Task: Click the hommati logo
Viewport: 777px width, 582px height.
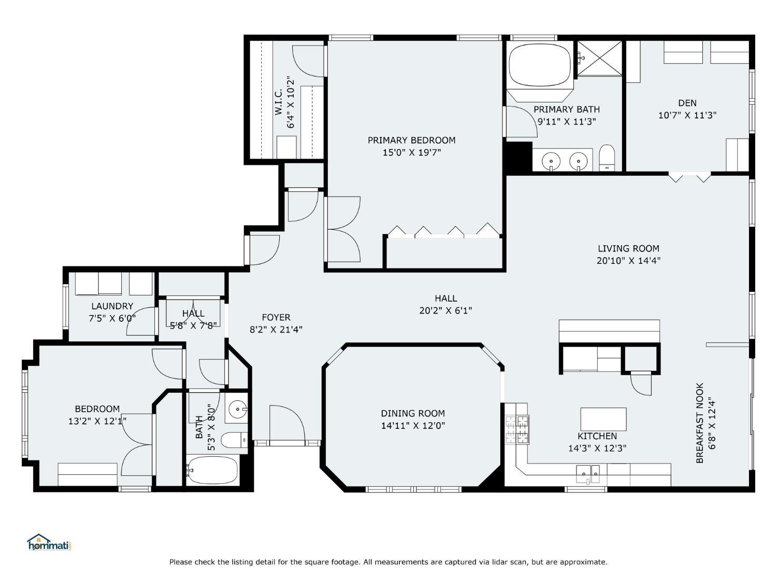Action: [x=48, y=543]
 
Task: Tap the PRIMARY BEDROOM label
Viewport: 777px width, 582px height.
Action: [x=411, y=140]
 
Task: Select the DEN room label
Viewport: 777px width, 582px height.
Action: [x=687, y=103]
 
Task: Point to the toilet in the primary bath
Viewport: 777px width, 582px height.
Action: [x=607, y=158]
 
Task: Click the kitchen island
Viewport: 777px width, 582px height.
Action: [x=603, y=419]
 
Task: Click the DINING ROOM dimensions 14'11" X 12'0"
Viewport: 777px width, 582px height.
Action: [x=413, y=426]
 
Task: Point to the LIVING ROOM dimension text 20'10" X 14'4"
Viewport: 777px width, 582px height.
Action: [x=628, y=261]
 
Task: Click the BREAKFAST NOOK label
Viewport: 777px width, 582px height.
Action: [x=699, y=423]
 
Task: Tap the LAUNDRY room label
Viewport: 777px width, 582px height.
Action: [x=112, y=306]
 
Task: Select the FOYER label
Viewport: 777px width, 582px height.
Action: [x=276, y=317]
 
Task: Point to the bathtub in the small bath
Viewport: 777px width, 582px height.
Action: [x=212, y=470]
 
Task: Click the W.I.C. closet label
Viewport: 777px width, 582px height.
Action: [x=278, y=102]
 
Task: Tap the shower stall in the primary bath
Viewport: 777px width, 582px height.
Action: [x=599, y=58]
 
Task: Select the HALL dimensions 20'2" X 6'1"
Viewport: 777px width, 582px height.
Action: [x=445, y=310]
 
